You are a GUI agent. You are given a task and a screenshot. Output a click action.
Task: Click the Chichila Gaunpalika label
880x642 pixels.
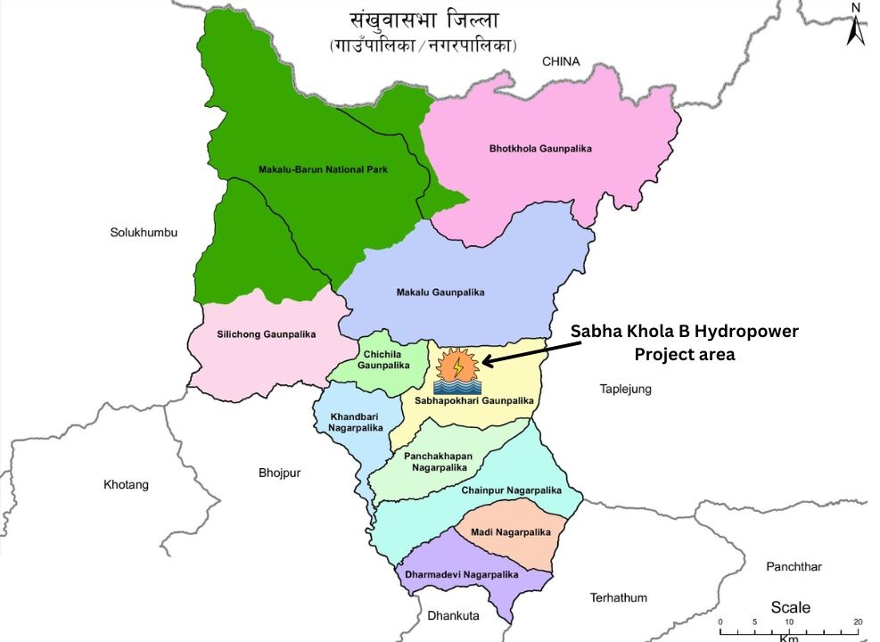click(x=383, y=359)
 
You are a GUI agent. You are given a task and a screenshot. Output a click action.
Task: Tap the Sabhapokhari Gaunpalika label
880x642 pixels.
click(x=473, y=401)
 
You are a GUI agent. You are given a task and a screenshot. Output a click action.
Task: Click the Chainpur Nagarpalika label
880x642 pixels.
click(x=511, y=490)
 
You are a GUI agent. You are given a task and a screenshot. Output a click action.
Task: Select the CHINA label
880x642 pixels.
click(x=561, y=62)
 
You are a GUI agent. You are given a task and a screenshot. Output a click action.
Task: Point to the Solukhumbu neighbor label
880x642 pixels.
click(x=144, y=233)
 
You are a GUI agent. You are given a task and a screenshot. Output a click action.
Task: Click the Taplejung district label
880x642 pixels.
click(x=625, y=389)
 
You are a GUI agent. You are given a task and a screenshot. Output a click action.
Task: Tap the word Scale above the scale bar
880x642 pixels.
click(x=791, y=607)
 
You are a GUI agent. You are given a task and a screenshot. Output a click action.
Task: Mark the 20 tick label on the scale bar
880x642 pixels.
click(x=858, y=621)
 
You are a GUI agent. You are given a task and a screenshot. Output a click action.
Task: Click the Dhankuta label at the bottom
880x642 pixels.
click(x=453, y=615)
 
